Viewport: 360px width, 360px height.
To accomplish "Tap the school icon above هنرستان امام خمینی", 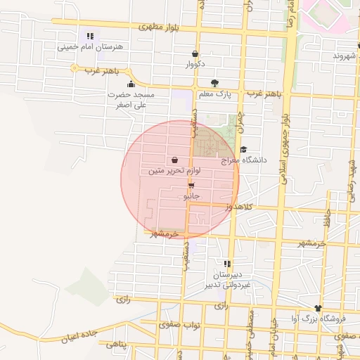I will [90, 36].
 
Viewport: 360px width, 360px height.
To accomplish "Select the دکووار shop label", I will [195, 65].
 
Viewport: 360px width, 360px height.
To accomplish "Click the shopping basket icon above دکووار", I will [195, 54].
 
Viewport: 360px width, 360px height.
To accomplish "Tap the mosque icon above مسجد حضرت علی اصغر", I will [131, 84].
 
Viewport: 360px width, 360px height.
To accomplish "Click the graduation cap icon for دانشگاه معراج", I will [243, 149].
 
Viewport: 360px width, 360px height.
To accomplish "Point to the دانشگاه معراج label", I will [245, 160].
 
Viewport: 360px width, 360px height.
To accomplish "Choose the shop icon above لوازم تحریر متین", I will [174, 160].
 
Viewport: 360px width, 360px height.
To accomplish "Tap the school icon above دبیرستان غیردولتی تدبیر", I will [226, 264].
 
